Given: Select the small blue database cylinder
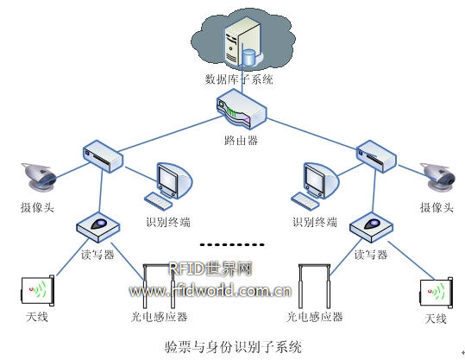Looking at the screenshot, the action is point(248,57).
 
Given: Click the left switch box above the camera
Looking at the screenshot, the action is point(103,156).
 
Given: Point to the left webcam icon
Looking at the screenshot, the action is point(39,177).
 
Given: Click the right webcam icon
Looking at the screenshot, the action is point(438,177).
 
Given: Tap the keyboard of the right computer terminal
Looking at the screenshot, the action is point(305,201).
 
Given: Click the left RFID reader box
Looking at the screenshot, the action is point(98,228).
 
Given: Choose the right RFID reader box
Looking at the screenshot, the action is point(371,228).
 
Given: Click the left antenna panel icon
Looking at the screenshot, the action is point(38,291).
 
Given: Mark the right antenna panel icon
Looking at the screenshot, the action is point(437,293).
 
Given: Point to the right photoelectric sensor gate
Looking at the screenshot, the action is point(314,286).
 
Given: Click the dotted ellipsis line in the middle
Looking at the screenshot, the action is point(232,245).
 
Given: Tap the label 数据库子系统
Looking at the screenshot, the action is point(239,79).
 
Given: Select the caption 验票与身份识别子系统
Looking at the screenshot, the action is point(233,347).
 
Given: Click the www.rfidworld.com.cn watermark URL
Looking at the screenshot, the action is point(210,291).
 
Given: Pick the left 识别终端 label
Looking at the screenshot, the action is point(168,222).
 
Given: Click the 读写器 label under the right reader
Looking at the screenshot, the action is point(371,255).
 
